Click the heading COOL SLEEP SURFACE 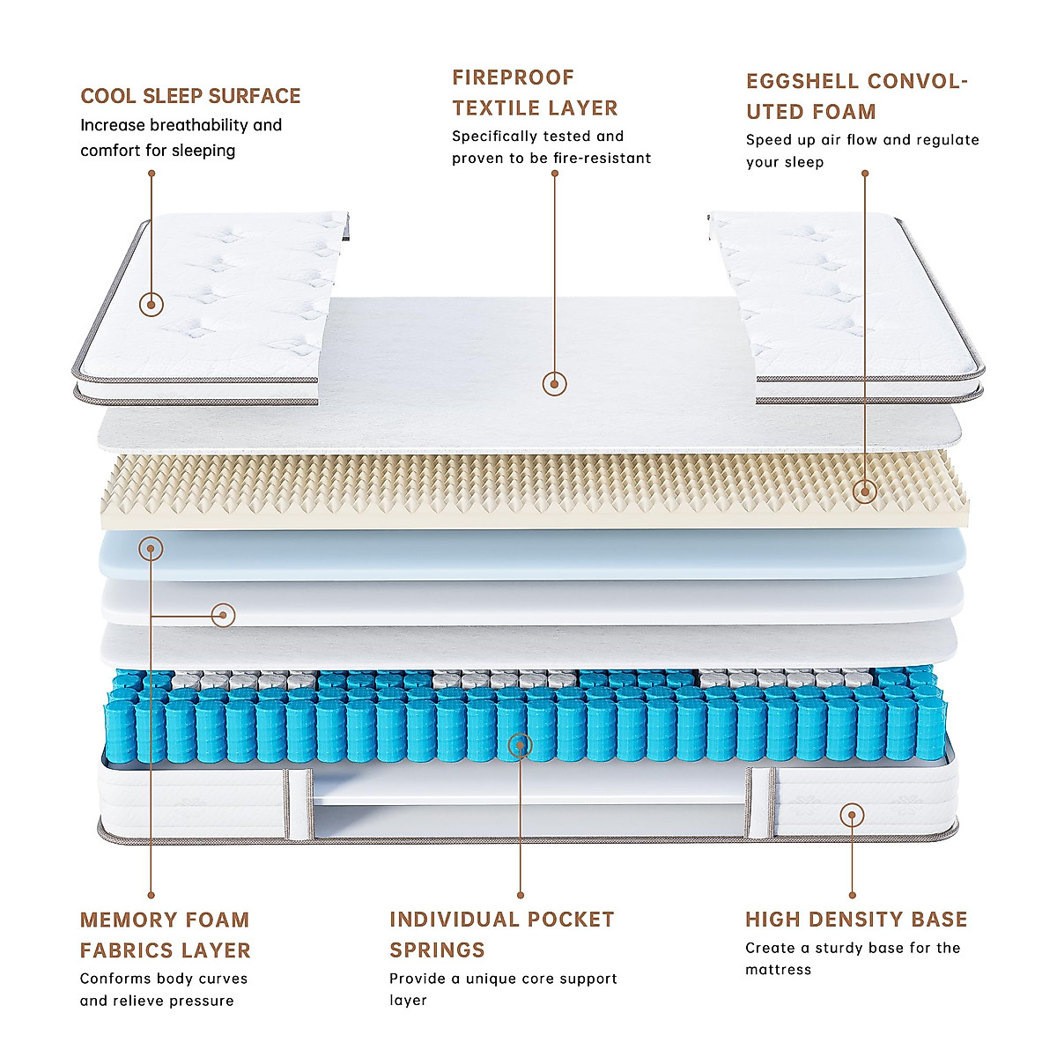coord(190,96)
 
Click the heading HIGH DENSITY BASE coord(856,920)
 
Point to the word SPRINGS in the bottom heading coord(437,950)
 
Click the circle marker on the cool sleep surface coord(152,305)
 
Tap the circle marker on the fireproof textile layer coord(554,383)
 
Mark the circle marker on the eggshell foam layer coord(865,492)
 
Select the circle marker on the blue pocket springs coord(521,746)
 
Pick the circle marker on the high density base coord(852,815)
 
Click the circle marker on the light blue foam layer coord(152,550)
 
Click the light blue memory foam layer coord(528,553)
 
